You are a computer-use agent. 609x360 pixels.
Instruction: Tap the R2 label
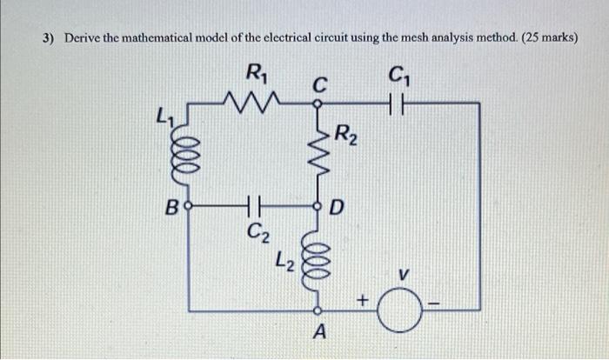coord(345,135)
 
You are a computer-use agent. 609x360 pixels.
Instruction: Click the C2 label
coord(258,232)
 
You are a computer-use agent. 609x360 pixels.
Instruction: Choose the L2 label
coord(284,258)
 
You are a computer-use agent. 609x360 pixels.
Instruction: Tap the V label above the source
coord(402,276)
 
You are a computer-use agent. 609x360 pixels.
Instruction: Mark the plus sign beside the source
coord(365,300)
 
